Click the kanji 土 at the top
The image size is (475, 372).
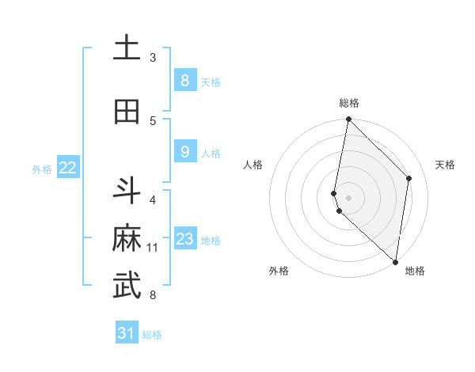coord(127,48)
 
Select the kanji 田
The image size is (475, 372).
coord(127,112)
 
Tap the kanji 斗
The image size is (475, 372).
coord(127,191)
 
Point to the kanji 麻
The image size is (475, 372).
coord(127,238)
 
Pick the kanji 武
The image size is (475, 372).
coord(127,287)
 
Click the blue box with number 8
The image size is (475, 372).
coord(184,81)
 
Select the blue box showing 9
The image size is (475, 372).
coord(184,152)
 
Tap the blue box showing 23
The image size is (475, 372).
coord(184,239)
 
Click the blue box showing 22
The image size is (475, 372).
coord(68,167)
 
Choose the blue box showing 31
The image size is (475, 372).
coord(127,333)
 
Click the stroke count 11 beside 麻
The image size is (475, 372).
coord(153,248)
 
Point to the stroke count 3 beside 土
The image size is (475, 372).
coord(153,58)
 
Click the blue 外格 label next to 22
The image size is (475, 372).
coord(42,169)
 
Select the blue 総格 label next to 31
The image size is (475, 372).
coord(152,335)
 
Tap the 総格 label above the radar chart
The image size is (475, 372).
coord(348,103)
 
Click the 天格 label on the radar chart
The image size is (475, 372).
coord(445,165)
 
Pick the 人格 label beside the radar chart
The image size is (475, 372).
coord(253,165)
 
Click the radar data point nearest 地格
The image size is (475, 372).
coord(395,262)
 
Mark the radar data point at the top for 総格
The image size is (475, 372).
coord(348,120)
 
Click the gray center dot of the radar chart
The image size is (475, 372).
coord(348,197)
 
